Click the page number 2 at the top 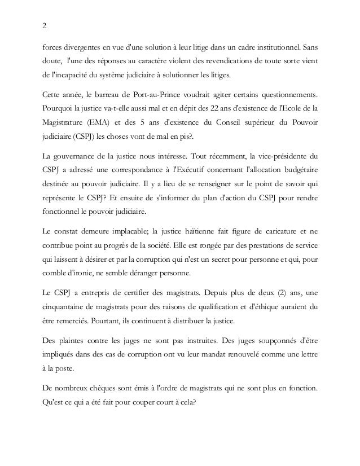click(x=45, y=25)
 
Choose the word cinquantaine click(x=67, y=307)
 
